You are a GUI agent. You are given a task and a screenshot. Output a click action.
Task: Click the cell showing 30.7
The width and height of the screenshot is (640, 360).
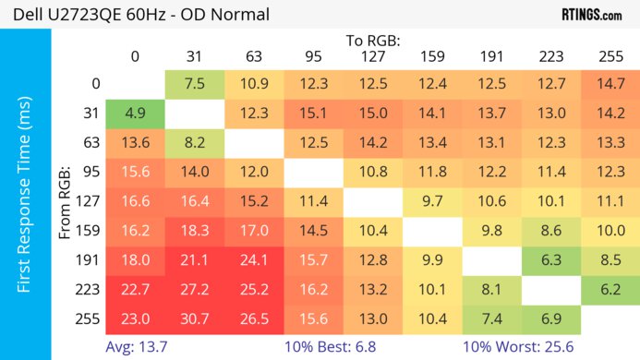[195, 318]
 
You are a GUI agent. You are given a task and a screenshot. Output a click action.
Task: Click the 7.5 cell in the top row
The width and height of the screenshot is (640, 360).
[195, 84]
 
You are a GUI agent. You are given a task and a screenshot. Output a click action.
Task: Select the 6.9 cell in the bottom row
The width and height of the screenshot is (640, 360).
[551, 318]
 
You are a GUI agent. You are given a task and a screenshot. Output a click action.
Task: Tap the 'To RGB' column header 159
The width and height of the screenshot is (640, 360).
[432, 56]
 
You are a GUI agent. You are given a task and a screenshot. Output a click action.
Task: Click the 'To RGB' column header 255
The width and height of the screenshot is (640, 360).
[610, 56]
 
